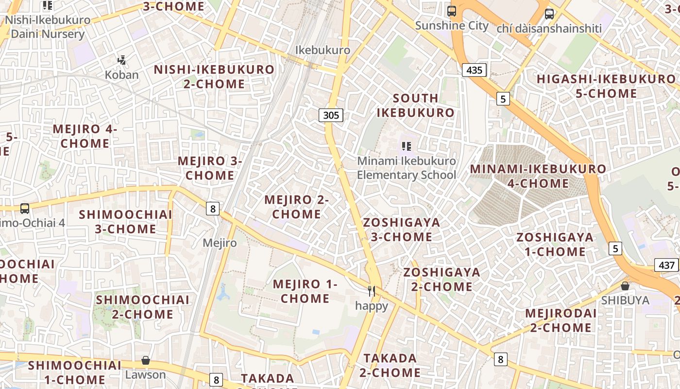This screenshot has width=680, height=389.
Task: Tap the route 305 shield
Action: pos(331,115)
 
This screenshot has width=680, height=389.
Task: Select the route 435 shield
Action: pos(474,70)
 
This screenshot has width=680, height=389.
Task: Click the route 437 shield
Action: pos(667,265)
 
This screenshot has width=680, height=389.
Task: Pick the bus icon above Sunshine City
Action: pos(452,11)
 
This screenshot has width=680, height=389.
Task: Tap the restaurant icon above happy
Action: pos(372,291)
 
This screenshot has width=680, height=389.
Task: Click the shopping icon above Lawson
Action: pos(145,360)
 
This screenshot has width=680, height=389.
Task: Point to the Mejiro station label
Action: pos(220,243)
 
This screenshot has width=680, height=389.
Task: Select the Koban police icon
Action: pos(122,61)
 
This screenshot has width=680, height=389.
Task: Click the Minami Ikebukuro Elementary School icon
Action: pos(407,146)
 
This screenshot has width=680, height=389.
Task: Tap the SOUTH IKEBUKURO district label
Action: pos(415,106)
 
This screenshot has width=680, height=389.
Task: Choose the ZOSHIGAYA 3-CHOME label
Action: pos(402,230)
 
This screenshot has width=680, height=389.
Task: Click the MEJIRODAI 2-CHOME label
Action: pos(561,320)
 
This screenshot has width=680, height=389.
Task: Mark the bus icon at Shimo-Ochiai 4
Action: pos(25,209)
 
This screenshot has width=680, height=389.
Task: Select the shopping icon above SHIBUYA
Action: pos(625,286)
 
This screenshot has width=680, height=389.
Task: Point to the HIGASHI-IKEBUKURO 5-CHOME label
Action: pos(606,86)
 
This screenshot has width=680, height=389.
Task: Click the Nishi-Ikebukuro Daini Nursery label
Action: pos(48,27)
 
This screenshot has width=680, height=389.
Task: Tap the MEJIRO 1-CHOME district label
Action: pos(305,291)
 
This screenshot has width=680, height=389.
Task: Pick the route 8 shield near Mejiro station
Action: pos(213,209)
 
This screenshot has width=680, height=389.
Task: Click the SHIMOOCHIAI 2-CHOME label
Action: pos(142,307)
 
